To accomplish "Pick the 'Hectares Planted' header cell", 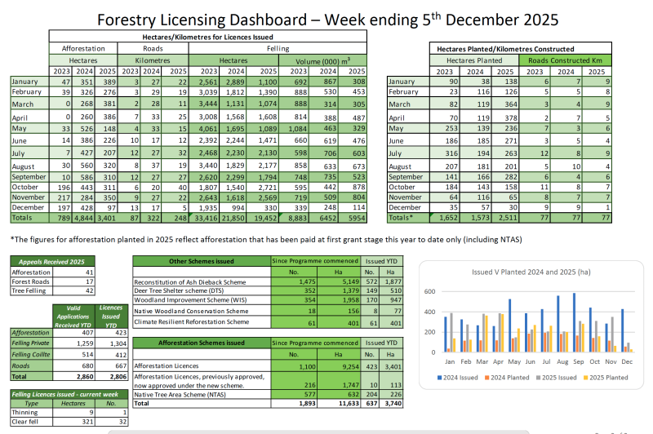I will coord(474,60).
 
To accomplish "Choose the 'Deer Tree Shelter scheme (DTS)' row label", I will coord(180,290).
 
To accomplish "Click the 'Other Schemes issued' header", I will coord(202,261).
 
